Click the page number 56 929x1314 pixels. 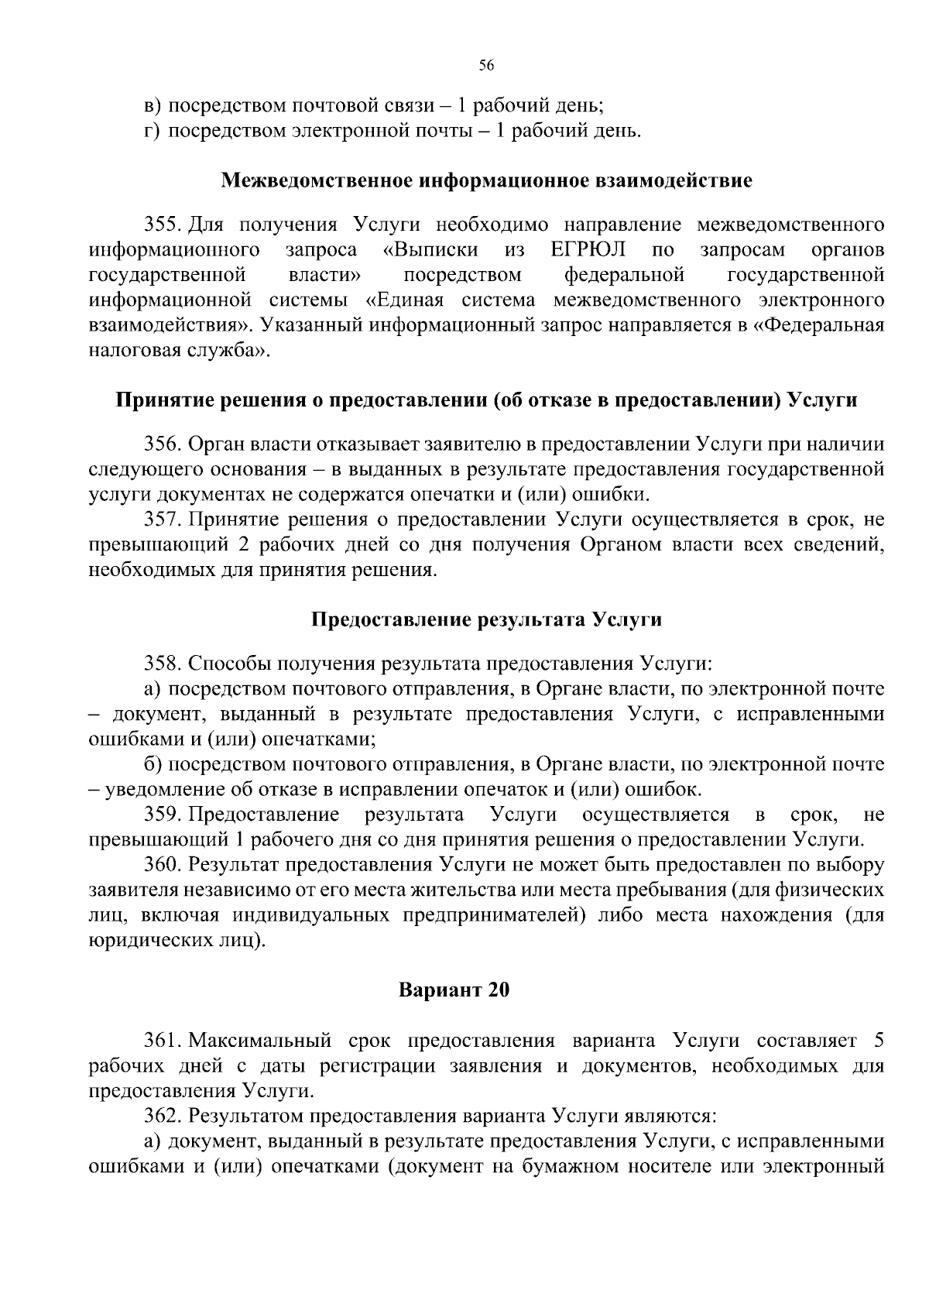(486, 66)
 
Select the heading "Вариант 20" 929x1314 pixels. (454, 990)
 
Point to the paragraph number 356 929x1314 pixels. (163, 444)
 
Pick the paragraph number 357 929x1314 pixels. (163, 519)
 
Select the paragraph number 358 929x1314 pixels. (163, 664)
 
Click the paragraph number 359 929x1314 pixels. (163, 815)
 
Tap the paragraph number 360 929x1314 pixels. (163, 865)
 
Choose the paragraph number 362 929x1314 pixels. (163, 1116)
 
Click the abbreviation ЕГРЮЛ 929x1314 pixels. (588, 250)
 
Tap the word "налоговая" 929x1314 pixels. (125, 350)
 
